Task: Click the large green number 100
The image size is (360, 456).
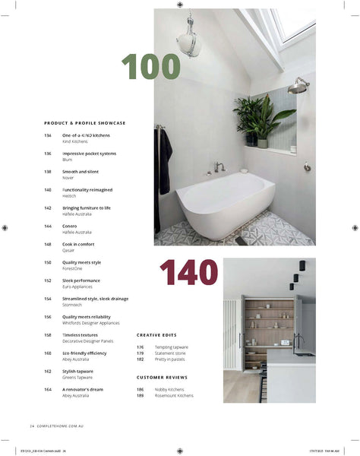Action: (151, 68)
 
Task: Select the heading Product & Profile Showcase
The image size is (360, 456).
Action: (84, 122)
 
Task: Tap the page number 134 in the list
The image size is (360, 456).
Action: (48, 135)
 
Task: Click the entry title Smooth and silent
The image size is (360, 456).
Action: (81, 172)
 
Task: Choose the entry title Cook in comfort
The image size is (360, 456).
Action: (78, 244)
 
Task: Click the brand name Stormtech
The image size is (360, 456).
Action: (73, 304)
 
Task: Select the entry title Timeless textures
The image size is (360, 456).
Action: (80, 335)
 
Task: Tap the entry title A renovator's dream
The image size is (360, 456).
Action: (82, 389)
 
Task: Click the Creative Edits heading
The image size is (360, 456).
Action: (156, 335)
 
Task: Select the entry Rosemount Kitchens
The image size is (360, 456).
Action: (174, 395)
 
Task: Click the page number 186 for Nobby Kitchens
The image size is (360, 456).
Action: (141, 389)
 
